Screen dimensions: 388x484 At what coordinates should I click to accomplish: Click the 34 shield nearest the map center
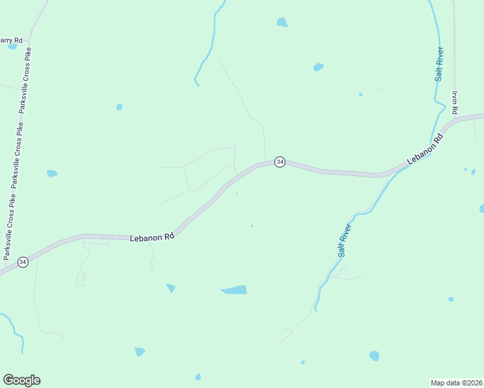[280, 162]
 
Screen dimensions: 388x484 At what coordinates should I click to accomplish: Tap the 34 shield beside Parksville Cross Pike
[23, 262]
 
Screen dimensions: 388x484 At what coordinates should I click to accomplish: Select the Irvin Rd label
[456, 102]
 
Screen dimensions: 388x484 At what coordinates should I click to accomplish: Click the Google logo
[21, 380]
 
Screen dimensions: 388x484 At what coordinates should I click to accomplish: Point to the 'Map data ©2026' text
[456, 382]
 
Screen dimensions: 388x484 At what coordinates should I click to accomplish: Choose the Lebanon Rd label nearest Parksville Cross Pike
[153, 237]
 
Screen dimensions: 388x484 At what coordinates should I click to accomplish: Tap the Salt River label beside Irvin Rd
[439, 63]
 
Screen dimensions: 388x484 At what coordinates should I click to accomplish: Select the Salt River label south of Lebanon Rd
[344, 241]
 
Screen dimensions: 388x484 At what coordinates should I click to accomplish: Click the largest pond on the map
[234, 290]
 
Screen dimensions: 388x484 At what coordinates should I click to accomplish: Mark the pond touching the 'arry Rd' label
[12, 47]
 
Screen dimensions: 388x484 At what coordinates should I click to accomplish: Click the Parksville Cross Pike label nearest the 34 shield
[11, 226]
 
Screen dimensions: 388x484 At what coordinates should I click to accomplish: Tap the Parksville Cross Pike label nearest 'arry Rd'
[27, 81]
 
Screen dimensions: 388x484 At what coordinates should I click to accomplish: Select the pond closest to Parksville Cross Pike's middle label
[52, 173]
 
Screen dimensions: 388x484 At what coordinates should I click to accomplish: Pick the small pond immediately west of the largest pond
[171, 288]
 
